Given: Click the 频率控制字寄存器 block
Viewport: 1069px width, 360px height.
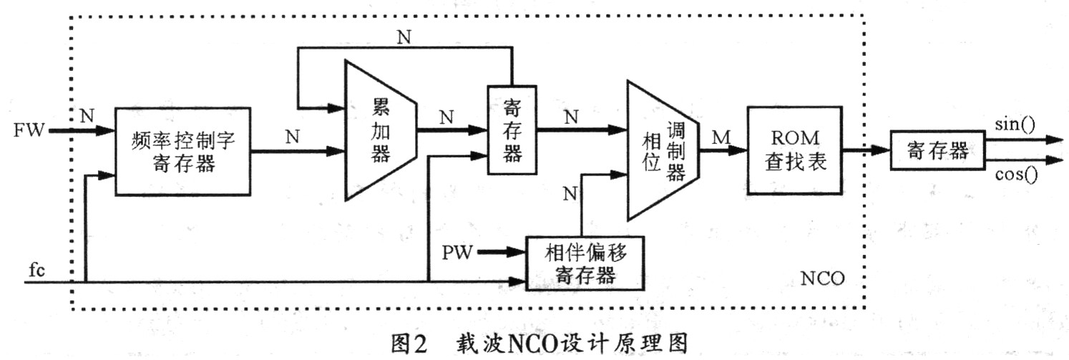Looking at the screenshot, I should tap(182, 151).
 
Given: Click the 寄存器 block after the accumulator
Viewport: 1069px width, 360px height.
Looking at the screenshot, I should tap(512, 130).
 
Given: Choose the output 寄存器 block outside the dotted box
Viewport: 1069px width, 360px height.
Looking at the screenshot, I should tap(937, 151).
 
